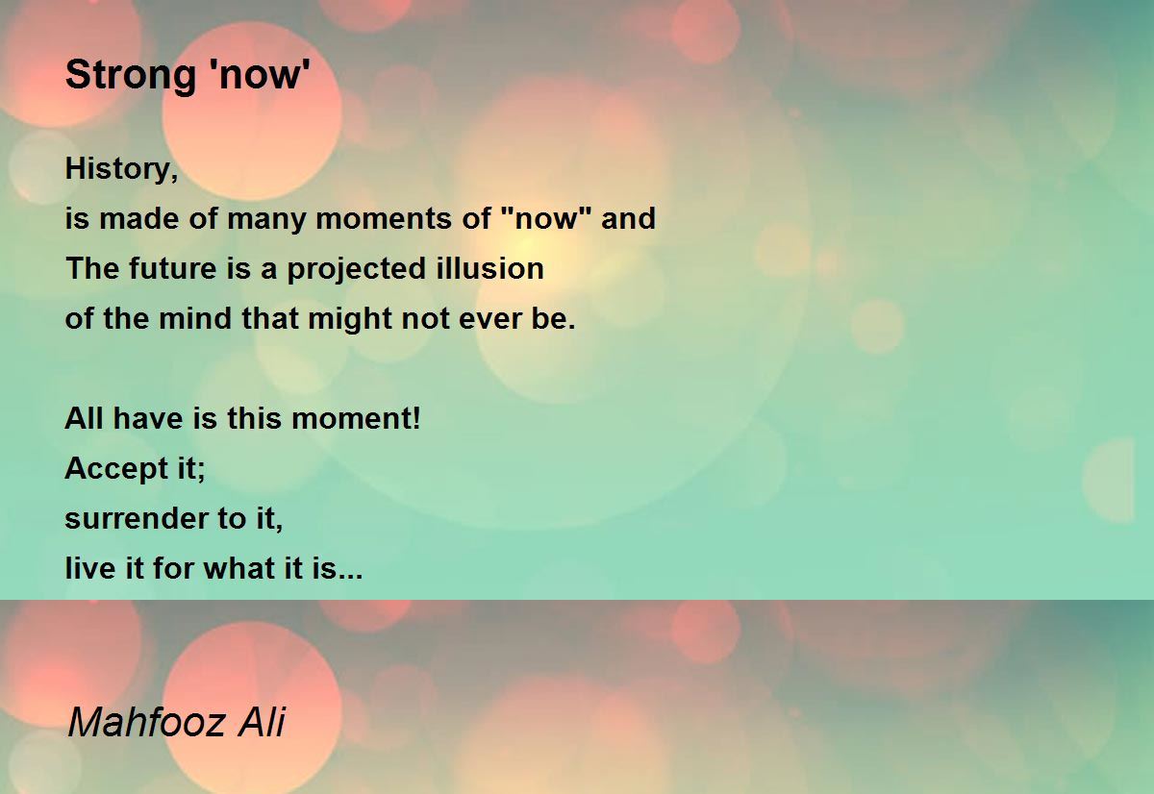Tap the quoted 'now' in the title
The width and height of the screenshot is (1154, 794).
pos(261,75)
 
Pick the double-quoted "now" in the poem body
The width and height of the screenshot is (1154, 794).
pos(546,218)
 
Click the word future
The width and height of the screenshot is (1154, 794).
pos(172,268)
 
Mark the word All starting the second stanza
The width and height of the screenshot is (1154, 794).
pos(84,418)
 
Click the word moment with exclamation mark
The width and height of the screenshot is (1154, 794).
pos(356,418)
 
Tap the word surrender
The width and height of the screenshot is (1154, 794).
pos(136,519)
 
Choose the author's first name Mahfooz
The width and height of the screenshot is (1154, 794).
pos(146,721)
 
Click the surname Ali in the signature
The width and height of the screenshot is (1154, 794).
pos(262,721)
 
